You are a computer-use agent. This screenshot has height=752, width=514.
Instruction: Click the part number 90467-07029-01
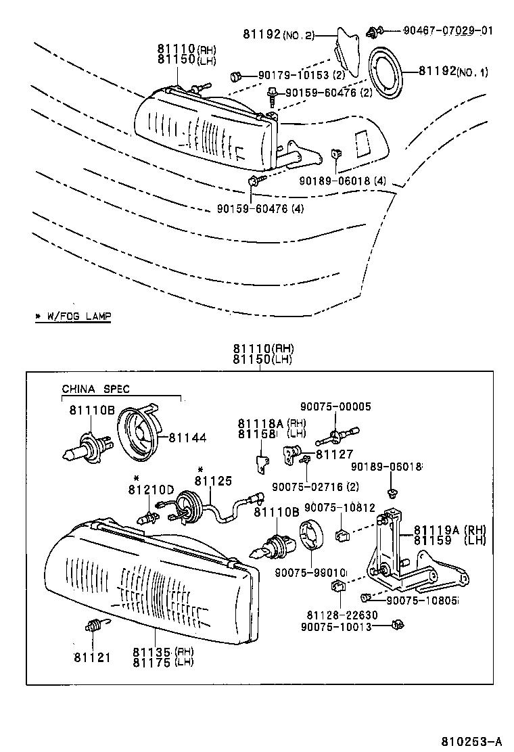coord(448,30)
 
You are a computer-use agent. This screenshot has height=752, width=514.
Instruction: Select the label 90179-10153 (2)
coord(302,74)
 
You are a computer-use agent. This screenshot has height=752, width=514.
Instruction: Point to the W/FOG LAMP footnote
coord(73,316)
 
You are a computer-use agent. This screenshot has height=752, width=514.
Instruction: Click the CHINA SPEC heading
coord(95,389)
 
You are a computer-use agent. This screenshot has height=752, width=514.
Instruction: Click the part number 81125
coord(213,481)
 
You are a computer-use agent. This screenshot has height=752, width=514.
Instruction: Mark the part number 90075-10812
coord(337,508)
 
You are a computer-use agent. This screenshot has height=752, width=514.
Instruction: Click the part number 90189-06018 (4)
coord(343,182)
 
